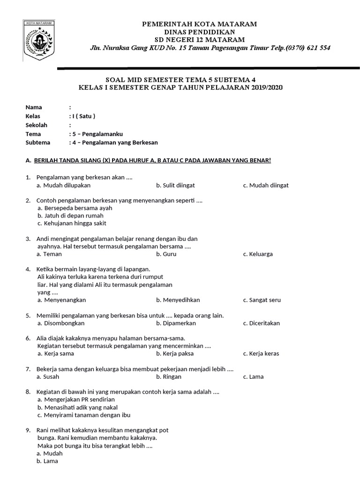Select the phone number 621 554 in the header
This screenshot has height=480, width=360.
(x=319, y=48)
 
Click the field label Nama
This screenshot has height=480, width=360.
(x=34, y=107)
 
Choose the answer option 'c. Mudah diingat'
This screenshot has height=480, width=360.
(x=266, y=185)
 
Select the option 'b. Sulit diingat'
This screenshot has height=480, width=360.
(x=175, y=185)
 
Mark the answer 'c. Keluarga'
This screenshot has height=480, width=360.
(x=258, y=254)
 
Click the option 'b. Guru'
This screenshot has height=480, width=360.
(x=166, y=254)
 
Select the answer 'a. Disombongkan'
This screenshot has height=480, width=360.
(x=61, y=323)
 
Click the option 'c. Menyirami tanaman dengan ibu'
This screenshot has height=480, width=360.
(x=84, y=415)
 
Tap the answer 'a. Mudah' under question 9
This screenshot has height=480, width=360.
(x=50, y=453)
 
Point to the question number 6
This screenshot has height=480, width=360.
(x=28, y=338)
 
